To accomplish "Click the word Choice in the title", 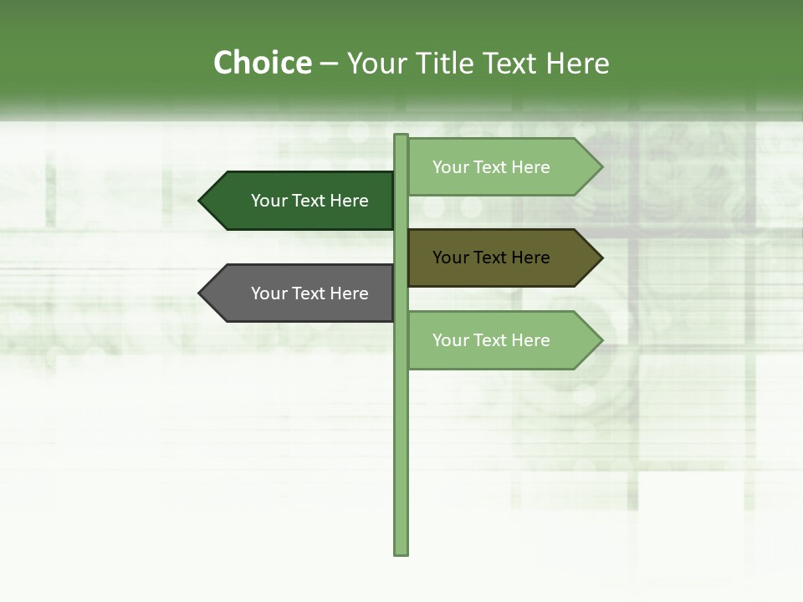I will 262,64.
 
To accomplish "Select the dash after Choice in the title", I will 330,64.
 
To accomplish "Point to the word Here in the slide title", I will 578,64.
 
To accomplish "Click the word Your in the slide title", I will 378,64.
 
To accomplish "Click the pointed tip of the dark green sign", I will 201,201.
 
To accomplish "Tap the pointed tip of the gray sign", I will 201,293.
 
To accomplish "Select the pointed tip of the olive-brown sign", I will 601,258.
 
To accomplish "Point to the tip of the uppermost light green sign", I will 601,167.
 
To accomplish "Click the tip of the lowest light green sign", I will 601,340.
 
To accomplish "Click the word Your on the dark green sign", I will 269,201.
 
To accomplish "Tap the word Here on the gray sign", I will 349,293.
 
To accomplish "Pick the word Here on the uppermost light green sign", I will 530,167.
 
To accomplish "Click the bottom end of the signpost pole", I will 401,552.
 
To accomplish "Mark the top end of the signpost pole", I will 401,137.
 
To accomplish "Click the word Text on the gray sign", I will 309,293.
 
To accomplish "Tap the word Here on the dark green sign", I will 349,201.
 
